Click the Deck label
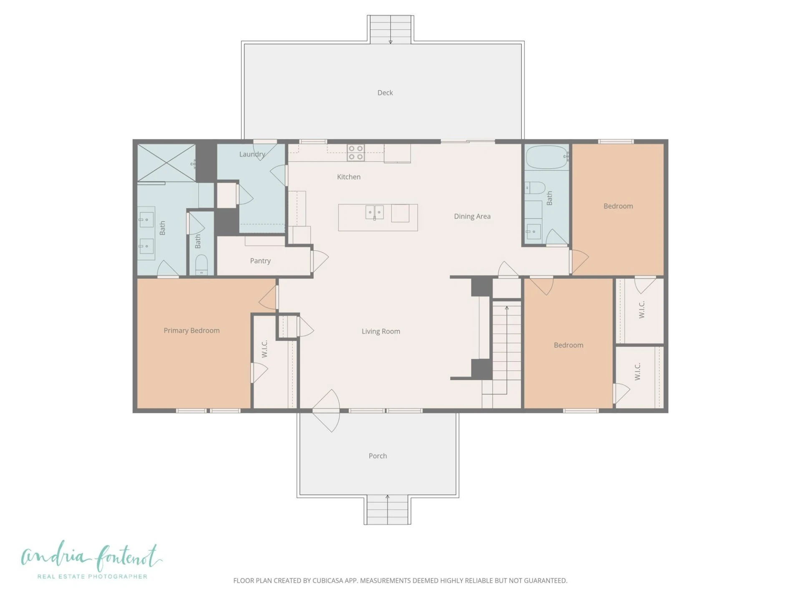tap(385, 93)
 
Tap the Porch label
tap(378, 456)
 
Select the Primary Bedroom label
tap(191, 331)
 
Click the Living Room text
tap(381, 331)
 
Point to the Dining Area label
tap(472, 216)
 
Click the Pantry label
tap(260, 261)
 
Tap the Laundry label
tap(252, 154)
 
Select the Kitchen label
tap(349, 177)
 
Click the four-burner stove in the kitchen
tap(356, 153)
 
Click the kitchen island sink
tap(375, 212)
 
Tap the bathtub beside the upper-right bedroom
tap(547, 157)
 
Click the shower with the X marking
tap(166, 163)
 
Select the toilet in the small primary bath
tap(202, 265)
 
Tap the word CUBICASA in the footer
tap(328, 581)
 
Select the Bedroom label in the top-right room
tap(618, 206)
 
